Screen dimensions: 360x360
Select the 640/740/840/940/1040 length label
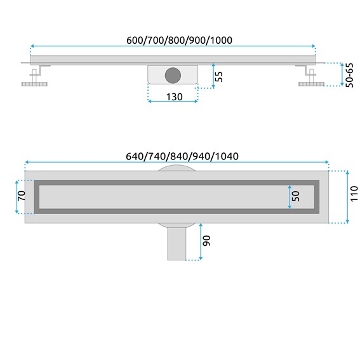(x=178, y=157)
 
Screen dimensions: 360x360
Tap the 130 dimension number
(x=175, y=97)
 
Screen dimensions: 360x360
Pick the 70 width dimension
(x=21, y=197)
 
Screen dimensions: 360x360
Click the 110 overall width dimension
(x=353, y=197)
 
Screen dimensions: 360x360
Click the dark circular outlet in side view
(x=173, y=75)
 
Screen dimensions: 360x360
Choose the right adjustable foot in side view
(x=309, y=77)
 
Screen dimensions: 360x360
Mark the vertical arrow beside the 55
(x=213, y=76)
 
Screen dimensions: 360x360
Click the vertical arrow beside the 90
(x=201, y=241)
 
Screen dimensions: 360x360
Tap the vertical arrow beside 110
(x=347, y=197)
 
